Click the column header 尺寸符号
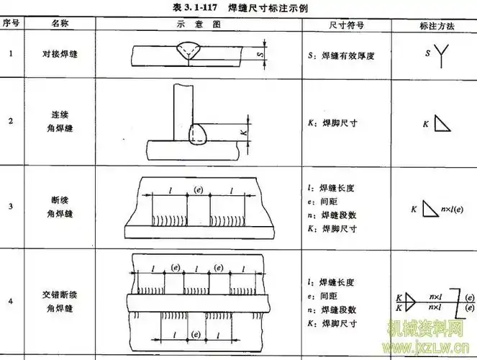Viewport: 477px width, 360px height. [x=345, y=24]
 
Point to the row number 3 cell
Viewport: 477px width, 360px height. [x=10, y=207]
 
